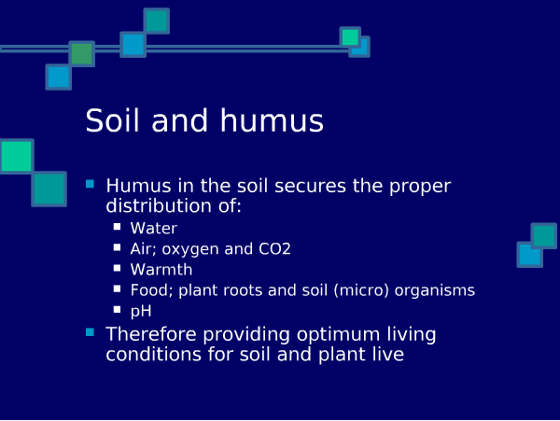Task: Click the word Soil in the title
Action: [112, 120]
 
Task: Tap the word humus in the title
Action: [272, 120]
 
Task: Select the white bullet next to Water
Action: [118, 227]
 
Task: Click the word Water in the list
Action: [154, 228]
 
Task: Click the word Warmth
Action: [161, 270]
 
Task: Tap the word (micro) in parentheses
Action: [361, 290]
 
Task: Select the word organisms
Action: [435, 291]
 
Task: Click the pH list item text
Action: [141, 312]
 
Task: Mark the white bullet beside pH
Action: [118, 309]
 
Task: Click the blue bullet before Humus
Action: [90, 184]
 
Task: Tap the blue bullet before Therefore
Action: [90, 332]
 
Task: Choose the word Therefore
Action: [151, 334]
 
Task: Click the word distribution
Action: [159, 206]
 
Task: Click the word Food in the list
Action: [151, 290]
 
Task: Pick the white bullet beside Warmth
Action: [118, 268]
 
